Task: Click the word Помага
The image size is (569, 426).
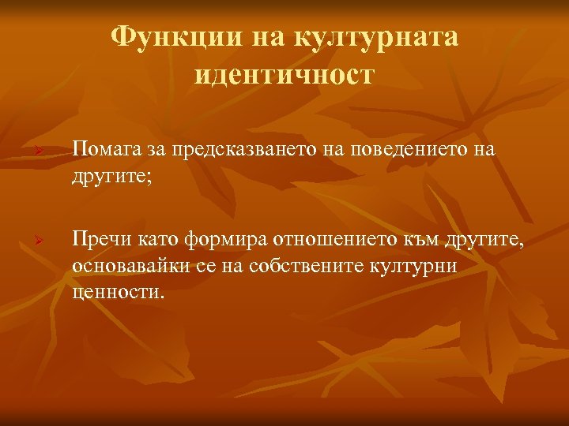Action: point(106,149)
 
